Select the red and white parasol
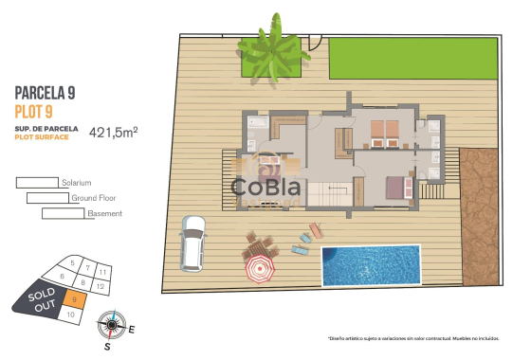coord(259,271)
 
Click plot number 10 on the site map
coord(71,314)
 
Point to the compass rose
coord(112,325)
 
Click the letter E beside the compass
coord(132,330)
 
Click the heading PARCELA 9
coord(45,93)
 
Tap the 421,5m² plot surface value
coord(114,133)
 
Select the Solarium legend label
coord(75,182)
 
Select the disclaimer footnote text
coord(413,337)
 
